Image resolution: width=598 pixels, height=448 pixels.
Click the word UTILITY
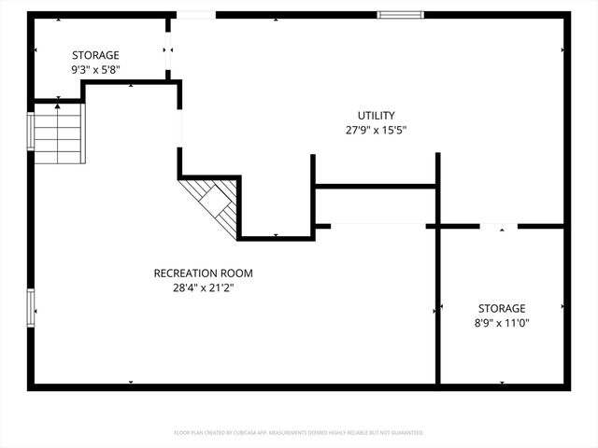[377, 116]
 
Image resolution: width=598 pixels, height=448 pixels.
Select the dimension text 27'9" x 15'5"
[377, 131]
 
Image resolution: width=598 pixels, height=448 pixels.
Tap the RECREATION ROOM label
[203, 273]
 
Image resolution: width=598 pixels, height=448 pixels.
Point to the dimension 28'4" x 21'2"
[203, 288]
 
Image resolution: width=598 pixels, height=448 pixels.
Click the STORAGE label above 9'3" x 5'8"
[96, 55]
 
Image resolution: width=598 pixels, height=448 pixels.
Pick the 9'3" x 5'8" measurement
[96, 70]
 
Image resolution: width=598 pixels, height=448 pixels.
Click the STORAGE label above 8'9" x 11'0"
[502, 308]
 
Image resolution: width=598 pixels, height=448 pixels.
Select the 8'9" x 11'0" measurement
[502, 323]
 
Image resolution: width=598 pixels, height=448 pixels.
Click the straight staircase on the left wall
[59, 133]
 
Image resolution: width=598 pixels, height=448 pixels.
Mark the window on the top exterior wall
[400, 15]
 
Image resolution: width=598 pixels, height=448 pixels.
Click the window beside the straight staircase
[31, 132]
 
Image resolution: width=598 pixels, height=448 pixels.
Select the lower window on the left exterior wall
[31, 308]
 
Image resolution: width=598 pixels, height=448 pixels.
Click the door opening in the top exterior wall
[195, 15]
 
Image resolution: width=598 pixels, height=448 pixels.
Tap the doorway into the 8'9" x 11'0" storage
[499, 226]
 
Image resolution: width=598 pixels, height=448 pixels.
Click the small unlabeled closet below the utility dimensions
[376, 205]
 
